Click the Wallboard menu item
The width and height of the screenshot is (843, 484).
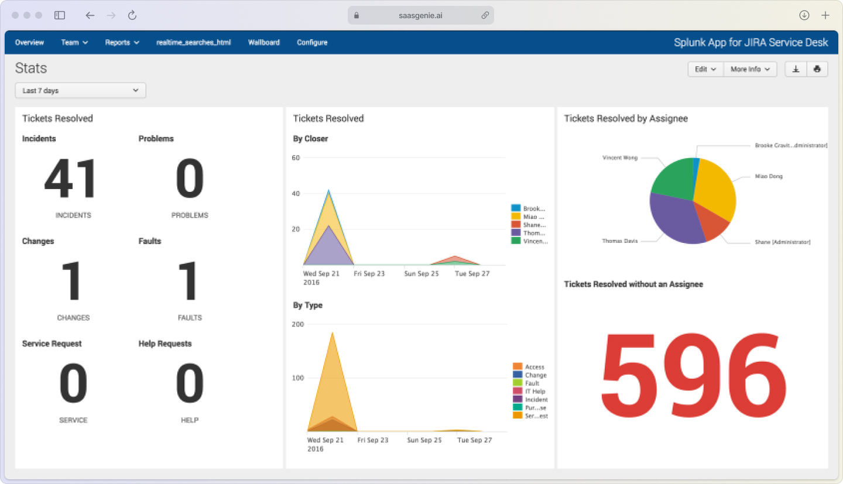point(263,43)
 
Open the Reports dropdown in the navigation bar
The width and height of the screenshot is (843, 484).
point(122,43)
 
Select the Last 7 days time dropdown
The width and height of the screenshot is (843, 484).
point(80,91)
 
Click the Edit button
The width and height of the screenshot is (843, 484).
point(705,69)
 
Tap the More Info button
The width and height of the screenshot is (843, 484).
point(750,69)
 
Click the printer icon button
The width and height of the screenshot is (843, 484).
point(817,69)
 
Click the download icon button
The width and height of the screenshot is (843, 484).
point(796,69)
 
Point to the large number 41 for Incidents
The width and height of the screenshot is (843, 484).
point(71,180)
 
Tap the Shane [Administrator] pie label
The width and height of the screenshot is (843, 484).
point(782,242)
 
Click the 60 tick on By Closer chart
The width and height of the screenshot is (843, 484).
point(296,158)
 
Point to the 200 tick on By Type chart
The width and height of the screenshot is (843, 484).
point(297,324)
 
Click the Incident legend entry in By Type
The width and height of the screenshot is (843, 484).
point(536,400)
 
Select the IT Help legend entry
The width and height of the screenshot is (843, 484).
point(534,392)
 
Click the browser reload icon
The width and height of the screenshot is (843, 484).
point(132,16)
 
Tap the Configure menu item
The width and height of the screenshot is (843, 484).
point(312,43)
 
